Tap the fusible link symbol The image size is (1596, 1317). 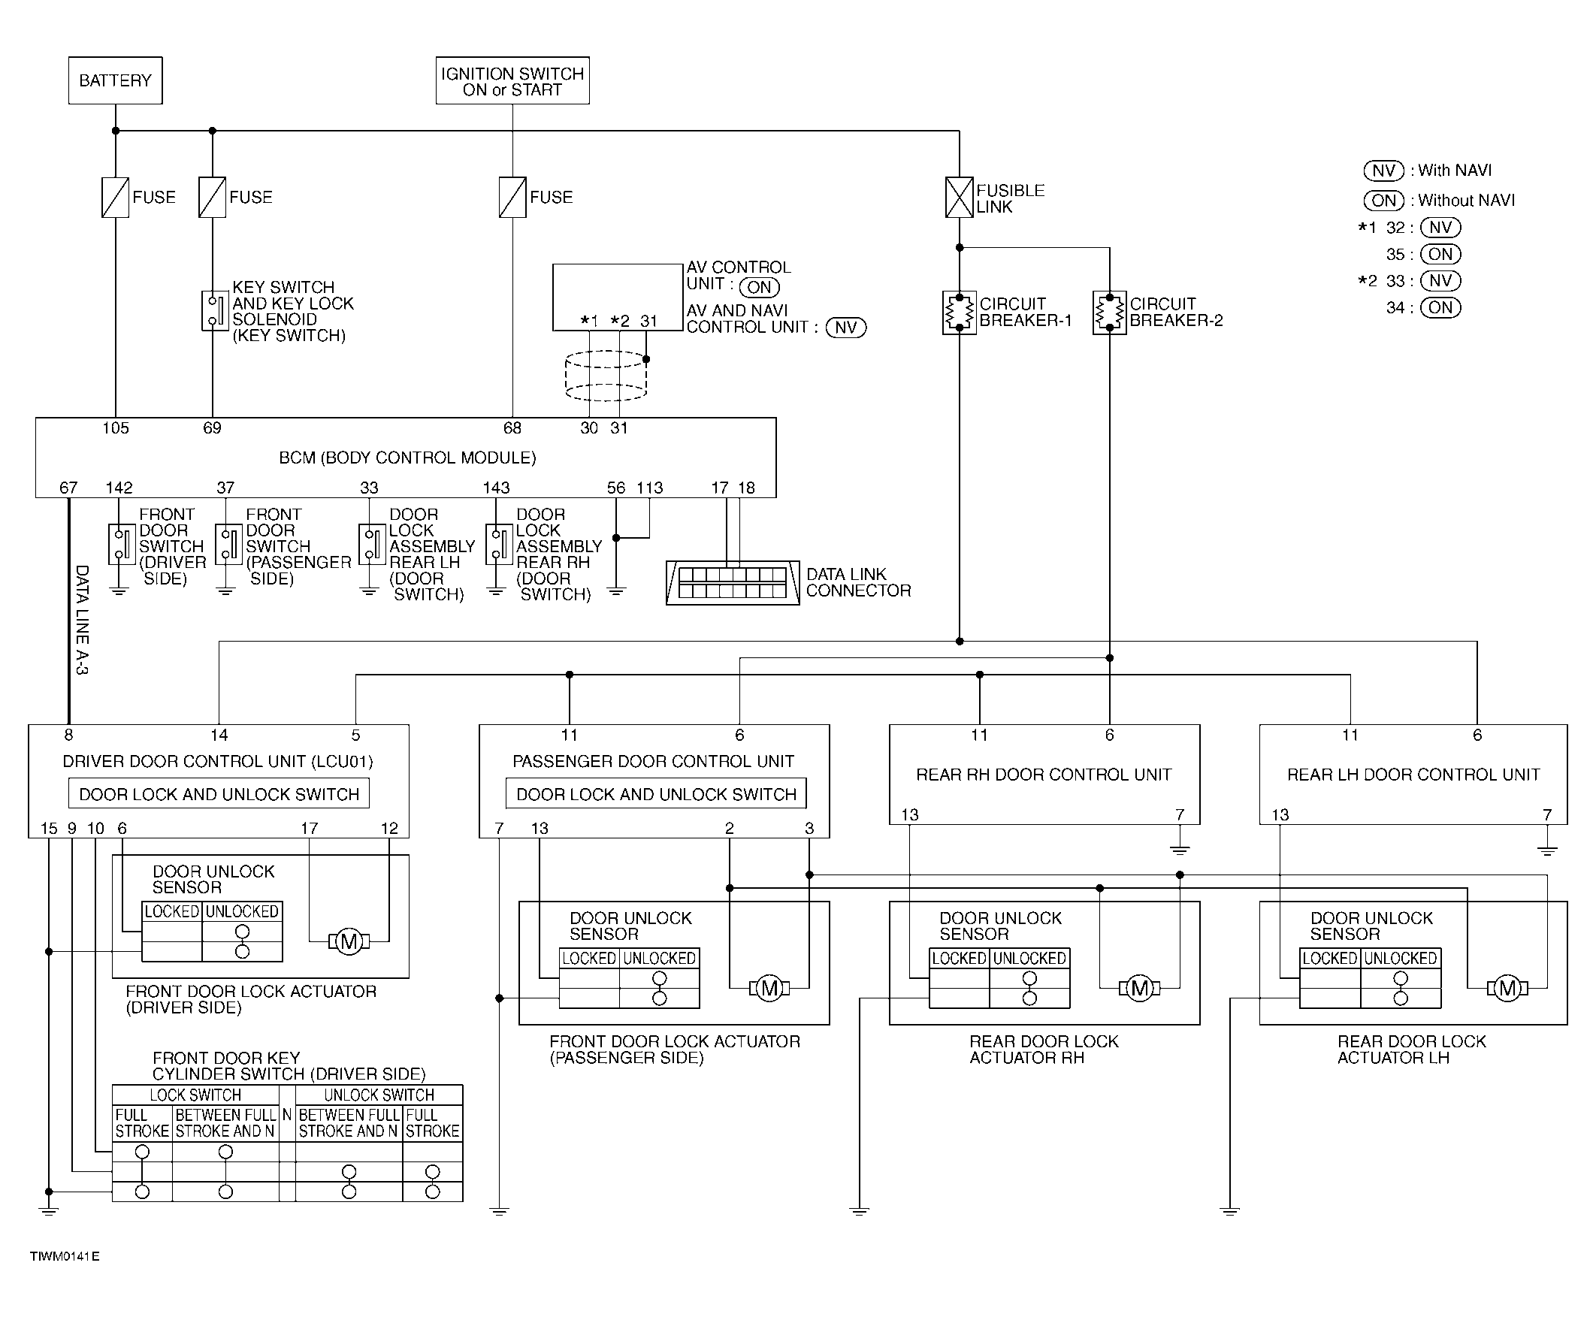click(959, 198)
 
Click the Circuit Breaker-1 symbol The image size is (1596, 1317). click(959, 313)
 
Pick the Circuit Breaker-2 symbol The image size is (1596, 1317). click(1109, 313)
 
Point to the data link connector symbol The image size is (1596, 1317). click(733, 583)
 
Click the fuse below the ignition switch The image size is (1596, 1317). click(512, 198)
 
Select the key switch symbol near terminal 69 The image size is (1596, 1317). click(216, 311)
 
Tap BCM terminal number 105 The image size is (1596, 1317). click(115, 429)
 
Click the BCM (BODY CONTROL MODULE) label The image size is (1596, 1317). click(407, 458)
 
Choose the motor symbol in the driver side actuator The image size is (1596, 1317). click(349, 942)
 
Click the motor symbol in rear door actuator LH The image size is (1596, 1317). click(1507, 989)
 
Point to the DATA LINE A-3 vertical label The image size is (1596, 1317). click(82, 620)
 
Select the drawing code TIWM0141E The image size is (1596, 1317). click(65, 1256)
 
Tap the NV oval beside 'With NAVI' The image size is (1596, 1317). click(1384, 171)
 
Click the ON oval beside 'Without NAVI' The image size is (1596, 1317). click(1384, 201)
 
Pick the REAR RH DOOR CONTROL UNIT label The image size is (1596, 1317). click(1044, 775)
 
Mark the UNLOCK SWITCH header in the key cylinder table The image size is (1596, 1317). click(379, 1095)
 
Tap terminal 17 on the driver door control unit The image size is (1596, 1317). click(309, 829)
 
